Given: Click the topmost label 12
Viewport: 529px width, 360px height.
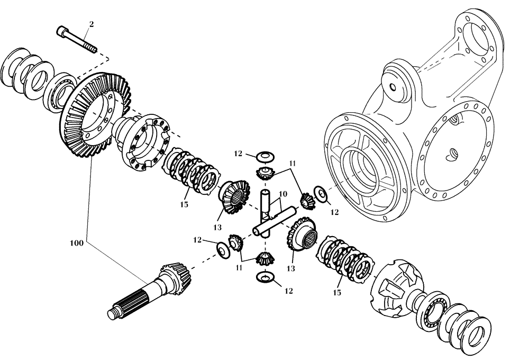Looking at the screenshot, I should pos(238,154).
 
